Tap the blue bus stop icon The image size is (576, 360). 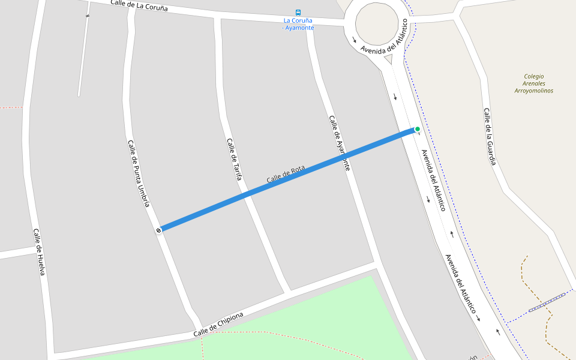pyautogui.click(x=298, y=12)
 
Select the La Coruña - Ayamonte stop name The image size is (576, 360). pyautogui.click(x=298, y=24)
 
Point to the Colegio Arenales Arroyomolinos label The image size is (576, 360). pyautogui.click(x=533, y=83)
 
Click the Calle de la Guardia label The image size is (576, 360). pyautogui.click(x=490, y=136)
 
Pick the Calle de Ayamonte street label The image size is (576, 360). pyautogui.click(x=339, y=143)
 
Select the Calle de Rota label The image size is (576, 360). pyautogui.click(x=286, y=175)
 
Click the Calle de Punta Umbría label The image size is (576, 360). pyautogui.click(x=138, y=173)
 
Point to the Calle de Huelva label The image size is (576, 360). pyautogui.click(x=39, y=252)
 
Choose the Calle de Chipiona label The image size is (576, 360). pyautogui.click(x=218, y=325)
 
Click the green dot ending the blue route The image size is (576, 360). pyautogui.click(x=418, y=129)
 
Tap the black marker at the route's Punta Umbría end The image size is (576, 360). pyautogui.click(x=158, y=230)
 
